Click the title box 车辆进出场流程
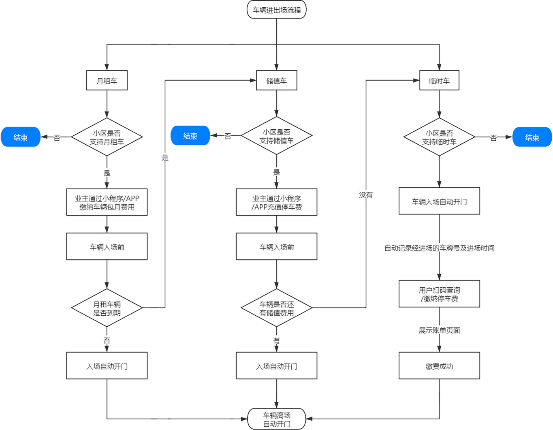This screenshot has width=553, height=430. (277, 10)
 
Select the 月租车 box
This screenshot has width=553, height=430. (107, 81)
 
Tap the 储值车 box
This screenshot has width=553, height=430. (277, 81)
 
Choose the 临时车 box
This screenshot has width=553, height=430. (439, 81)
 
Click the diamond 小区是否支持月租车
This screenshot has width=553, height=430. (107, 137)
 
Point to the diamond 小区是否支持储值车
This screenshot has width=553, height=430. (277, 136)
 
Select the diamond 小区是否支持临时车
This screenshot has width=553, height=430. (439, 137)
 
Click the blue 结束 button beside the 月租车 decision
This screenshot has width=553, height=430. (21, 137)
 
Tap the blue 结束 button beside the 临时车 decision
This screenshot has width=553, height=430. (532, 137)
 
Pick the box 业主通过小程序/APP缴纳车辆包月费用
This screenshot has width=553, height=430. (107, 203)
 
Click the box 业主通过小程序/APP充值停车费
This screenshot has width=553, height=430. (277, 203)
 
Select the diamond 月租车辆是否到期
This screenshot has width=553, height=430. (107, 308)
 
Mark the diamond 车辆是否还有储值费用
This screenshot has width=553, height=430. (277, 308)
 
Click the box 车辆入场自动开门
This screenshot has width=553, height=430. (439, 201)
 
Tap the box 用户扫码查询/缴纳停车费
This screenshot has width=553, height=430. (439, 294)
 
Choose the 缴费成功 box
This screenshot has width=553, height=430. (439, 366)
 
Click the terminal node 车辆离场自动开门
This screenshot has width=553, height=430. (277, 419)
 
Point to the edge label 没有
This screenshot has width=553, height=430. (366, 195)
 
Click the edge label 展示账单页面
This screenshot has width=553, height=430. (439, 330)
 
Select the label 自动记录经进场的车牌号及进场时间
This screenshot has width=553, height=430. (439, 248)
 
